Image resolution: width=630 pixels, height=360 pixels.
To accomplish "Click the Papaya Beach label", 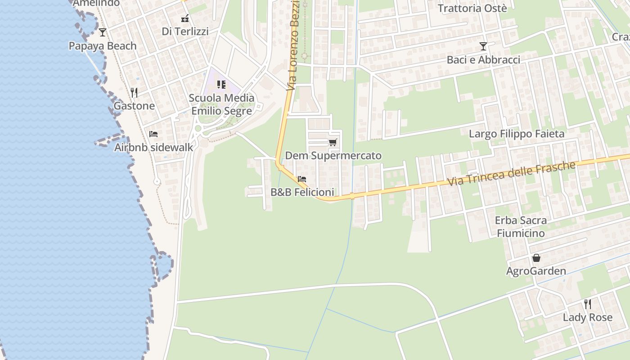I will pos(103,46).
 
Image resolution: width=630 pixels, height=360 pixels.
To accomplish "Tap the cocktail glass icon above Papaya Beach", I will pos(103,32).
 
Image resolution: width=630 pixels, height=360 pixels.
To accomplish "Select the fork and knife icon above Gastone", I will pos(134,93).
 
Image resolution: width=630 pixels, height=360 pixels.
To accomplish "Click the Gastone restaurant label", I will pos(134,106).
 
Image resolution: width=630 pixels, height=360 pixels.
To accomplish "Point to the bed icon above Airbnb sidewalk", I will pos(153,134).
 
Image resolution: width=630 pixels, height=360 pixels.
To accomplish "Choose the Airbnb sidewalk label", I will pos(153,147).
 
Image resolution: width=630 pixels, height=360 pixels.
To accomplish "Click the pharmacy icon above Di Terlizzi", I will pos(185,18).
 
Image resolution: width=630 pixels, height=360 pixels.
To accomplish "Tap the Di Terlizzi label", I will pos(185,31).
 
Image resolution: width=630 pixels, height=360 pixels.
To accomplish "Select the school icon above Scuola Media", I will pos(221,85).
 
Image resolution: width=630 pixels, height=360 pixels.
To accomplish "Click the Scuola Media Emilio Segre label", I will pos(221,104).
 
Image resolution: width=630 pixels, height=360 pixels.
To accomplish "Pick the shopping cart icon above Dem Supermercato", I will pos(333,143).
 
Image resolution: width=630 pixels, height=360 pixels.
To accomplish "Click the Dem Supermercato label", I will pos(333,156).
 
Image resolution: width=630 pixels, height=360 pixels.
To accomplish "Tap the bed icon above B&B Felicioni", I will pos(302,179).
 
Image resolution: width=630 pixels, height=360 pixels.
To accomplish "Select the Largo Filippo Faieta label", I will pos(516,134).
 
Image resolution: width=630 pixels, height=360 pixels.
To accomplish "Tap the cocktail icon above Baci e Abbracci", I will pos(483,46).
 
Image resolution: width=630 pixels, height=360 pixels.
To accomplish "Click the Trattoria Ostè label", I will pos(472,8).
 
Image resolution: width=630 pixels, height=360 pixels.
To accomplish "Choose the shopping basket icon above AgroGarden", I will pos(536,258).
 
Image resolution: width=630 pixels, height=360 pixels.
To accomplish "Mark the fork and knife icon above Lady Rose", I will pos(587,304).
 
